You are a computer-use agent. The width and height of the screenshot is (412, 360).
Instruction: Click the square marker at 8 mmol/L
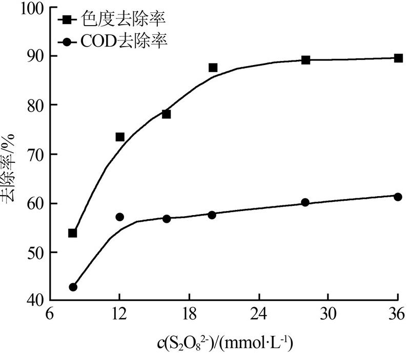coord(72,233)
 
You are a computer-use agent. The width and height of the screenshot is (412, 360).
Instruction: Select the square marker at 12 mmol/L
coord(120,137)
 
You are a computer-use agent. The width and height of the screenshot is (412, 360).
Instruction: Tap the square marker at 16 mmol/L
coord(166,114)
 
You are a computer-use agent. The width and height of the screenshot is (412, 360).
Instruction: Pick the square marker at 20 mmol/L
coord(213,68)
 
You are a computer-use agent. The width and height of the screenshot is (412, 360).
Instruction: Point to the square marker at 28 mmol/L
coord(306,60)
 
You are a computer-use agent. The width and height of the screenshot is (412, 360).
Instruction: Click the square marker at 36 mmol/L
coord(398,58)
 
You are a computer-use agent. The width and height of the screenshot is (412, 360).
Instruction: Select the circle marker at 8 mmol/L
coord(73,287)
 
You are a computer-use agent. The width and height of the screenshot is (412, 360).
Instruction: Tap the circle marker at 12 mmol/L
coord(120,217)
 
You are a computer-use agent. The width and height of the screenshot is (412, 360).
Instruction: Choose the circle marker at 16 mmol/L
coord(166,219)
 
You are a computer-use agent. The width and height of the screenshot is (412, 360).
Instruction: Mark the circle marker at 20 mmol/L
coord(212,215)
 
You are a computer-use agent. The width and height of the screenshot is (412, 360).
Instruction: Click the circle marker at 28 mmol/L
coord(305,202)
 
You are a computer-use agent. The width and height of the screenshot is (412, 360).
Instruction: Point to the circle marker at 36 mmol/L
coord(398,197)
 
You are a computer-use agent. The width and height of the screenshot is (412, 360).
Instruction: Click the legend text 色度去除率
coord(123,19)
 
